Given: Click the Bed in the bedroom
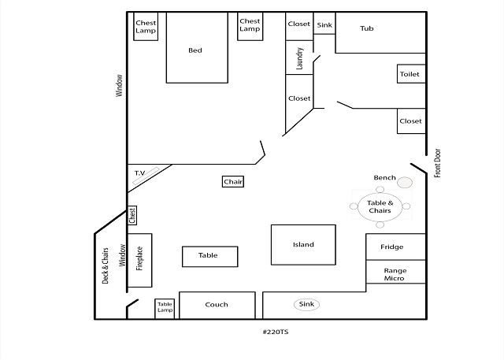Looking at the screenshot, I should [x=196, y=50].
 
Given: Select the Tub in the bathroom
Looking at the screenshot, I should [x=366, y=29].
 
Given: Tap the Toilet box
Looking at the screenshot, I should [x=410, y=74].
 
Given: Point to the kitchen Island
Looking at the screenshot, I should [x=303, y=244].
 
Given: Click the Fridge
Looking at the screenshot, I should [x=392, y=247].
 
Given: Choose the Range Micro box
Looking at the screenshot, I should [x=395, y=273].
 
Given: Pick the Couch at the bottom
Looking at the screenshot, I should [x=217, y=305].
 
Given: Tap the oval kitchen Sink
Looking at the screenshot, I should [x=306, y=304].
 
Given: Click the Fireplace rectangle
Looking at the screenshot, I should [x=139, y=259].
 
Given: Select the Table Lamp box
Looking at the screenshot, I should [x=165, y=308].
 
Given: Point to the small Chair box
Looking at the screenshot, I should [x=233, y=182].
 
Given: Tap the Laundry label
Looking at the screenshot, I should [x=300, y=58].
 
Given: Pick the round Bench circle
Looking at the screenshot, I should [x=405, y=183].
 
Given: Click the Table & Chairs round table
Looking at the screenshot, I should [x=380, y=207].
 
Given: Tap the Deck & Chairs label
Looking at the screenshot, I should [x=106, y=265].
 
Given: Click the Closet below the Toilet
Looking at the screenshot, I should [x=410, y=121].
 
